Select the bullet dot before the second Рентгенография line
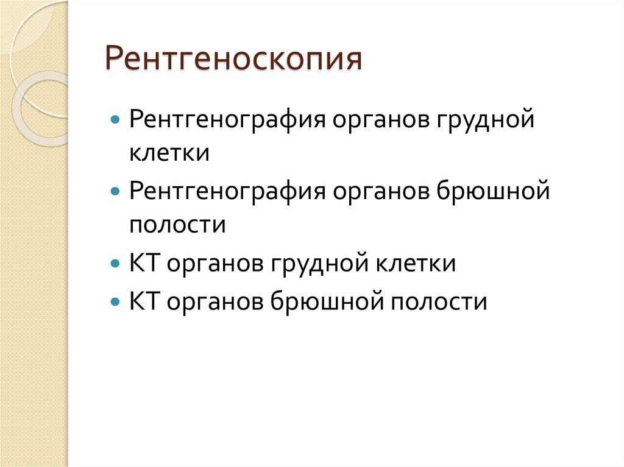tap(115, 192)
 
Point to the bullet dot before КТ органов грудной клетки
tap(115, 265)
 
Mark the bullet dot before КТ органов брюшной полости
tap(115, 301)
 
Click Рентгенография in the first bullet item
tap(225, 118)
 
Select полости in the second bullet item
tap(177, 226)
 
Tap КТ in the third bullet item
tap(144, 265)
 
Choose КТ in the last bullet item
tap(144, 301)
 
